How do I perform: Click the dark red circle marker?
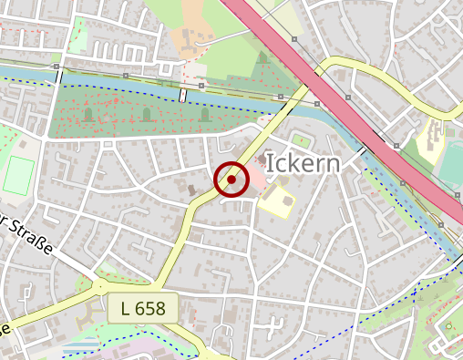(231, 180)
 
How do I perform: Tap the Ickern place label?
(304, 164)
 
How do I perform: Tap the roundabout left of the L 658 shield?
(98, 285)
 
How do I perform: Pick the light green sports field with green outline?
(16, 175)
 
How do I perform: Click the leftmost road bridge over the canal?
(60, 77)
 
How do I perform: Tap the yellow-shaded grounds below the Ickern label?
(276, 200)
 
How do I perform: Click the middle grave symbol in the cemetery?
(146, 115)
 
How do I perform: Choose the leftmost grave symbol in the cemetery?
(88, 115)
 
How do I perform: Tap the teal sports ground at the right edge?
(450, 164)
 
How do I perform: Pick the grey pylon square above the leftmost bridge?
(57, 67)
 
